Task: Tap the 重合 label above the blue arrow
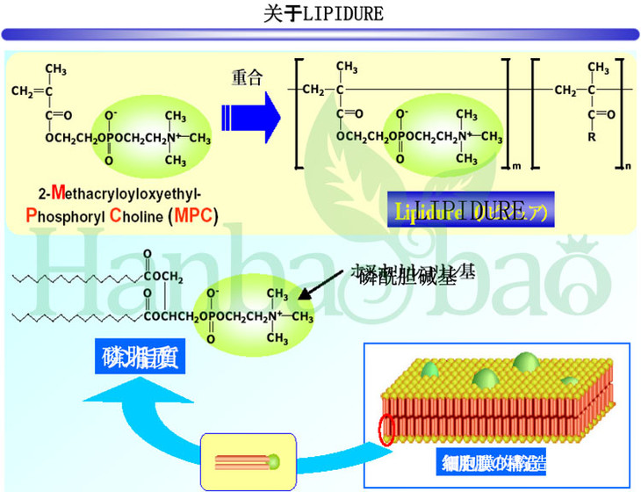247,78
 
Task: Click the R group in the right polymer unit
592,137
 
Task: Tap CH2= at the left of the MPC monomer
28,90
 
